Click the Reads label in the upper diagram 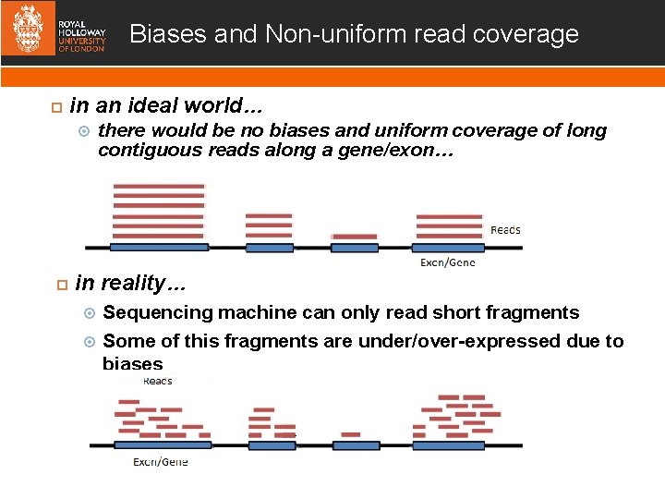505,229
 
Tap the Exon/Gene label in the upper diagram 448,262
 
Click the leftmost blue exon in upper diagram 159,248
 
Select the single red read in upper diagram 354,237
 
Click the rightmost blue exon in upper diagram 449,248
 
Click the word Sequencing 158,312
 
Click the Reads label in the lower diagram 157,381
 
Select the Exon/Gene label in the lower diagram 161,462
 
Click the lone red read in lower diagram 351,433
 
